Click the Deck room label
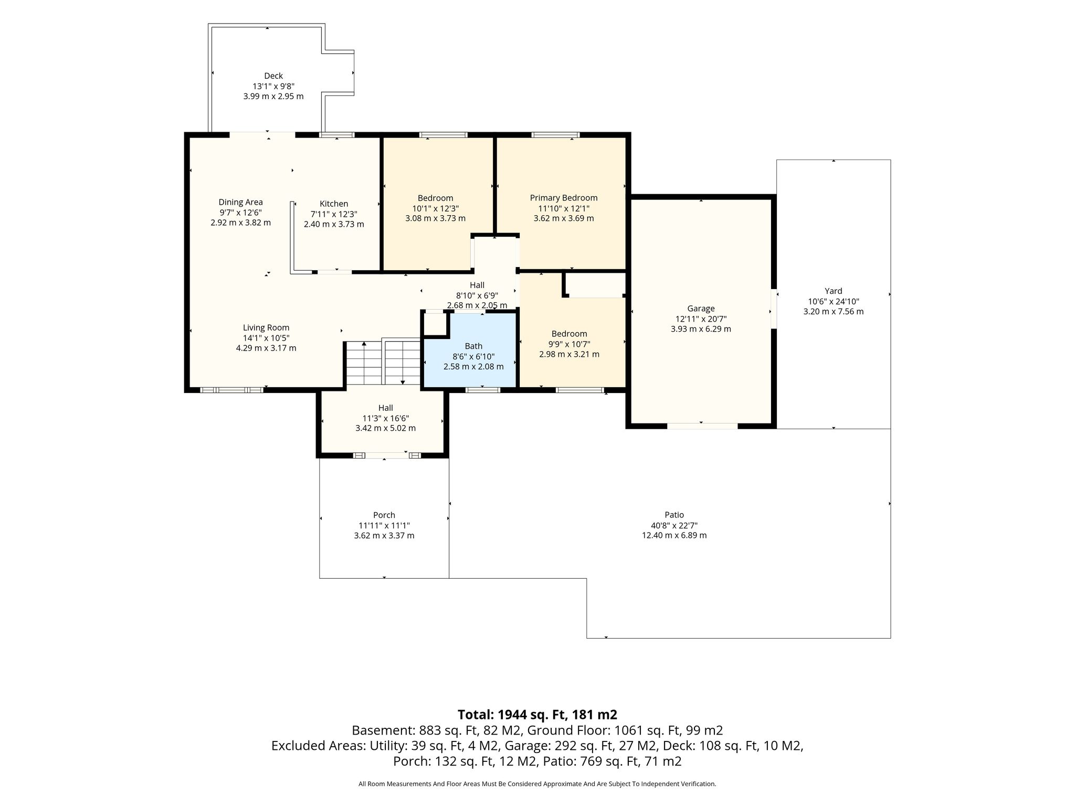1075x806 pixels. click(x=273, y=76)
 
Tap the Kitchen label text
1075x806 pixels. click(x=334, y=204)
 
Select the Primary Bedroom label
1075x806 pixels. click(x=564, y=198)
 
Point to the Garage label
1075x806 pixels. click(x=701, y=309)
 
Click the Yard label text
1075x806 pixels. click(x=834, y=291)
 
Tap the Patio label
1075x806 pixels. click(x=674, y=515)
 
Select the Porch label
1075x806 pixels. click(x=384, y=515)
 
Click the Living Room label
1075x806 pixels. click(x=266, y=327)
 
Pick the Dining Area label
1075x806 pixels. click(x=241, y=202)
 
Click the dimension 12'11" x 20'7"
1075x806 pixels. click(x=701, y=319)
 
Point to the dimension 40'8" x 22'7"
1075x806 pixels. click(x=674, y=525)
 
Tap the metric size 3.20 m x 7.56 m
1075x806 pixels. click(x=834, y=311)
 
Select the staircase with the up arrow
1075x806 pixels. click(x=364, y=363)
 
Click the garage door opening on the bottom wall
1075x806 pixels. click(x=702, y=426)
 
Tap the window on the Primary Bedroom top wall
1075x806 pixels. click(x=555, y=135)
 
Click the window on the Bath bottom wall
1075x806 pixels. click(x=483, y=390)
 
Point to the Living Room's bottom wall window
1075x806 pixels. click(x=231, y=390)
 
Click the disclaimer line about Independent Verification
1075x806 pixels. click(x=537, y=784)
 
